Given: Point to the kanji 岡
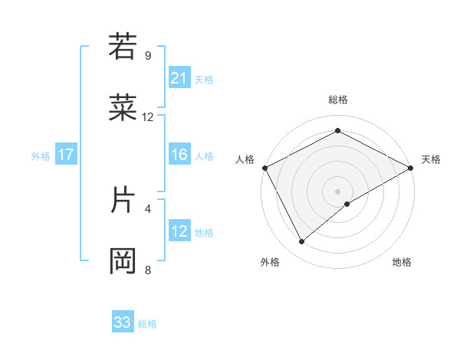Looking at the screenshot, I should click(x=123, y=261).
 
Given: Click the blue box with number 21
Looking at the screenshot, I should click(x=179, y=78).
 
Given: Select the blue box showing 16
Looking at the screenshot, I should click(x=179, y=155).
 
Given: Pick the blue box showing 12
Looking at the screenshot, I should click(x=179, y=231).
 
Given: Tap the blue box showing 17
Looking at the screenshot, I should click(x=66, y=155).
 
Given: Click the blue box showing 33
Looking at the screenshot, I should click(x=123, y=322).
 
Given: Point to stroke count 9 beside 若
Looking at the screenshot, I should click(x=148, y=55).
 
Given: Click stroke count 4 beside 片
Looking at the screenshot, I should click(x=148, y=208).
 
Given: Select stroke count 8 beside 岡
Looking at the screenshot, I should click(x=148, y=270).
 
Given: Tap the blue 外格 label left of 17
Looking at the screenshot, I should click(x=41, y=155).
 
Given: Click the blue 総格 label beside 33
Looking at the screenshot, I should click(x=147, y=324).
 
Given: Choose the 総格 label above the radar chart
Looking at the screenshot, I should click(x=337, y=100).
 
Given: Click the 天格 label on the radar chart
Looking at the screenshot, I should click(x=431, y=159).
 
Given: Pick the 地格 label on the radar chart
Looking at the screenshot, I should click(x=402, y=262).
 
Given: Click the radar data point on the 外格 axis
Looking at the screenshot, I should click(x=301, y=242).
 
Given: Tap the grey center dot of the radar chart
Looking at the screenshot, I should click(x=337, y=191).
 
